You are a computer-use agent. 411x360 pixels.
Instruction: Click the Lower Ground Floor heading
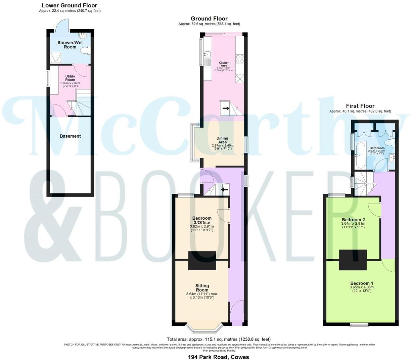70,5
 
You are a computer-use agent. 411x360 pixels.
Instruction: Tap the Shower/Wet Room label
70,45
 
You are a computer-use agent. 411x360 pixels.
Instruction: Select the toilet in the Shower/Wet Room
86,51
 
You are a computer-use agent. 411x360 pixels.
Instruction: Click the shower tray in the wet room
56,58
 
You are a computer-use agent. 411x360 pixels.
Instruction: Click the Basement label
70,136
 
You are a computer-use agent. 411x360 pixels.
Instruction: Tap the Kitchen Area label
224,64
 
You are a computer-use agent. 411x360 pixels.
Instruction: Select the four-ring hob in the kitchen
240,59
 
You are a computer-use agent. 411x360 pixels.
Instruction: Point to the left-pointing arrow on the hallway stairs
224,189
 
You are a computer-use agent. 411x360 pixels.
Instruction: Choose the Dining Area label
222,140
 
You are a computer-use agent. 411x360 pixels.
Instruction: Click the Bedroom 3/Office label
202,220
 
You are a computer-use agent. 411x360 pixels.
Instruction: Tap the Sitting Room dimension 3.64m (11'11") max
202,294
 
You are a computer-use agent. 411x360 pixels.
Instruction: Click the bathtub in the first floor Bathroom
359,155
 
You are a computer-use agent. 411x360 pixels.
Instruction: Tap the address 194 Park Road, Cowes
218,357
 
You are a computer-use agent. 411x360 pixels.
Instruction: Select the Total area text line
219,339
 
